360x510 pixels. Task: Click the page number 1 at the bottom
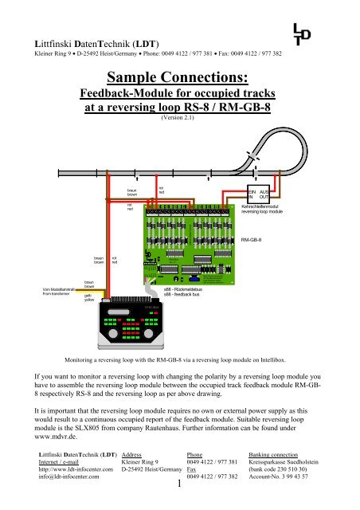coord(182,484)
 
